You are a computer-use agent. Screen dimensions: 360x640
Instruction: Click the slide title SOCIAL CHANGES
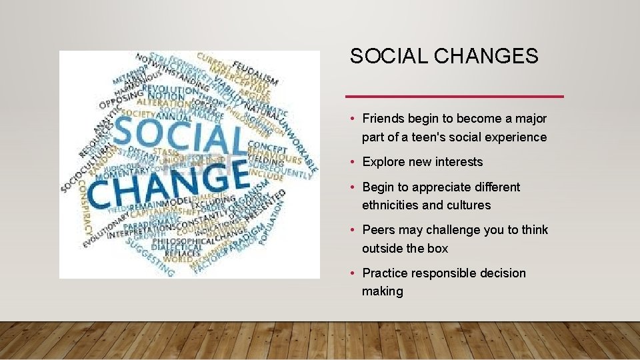pos(444,57)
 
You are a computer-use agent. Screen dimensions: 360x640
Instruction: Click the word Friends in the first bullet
pos(383,119)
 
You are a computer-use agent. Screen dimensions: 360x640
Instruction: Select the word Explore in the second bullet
pos(383,162)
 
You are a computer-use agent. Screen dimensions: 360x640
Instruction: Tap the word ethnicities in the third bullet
pos(391,205)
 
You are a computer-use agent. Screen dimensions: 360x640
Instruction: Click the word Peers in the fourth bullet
pos(378,230)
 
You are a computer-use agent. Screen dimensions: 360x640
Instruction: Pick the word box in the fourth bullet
pos(438,249)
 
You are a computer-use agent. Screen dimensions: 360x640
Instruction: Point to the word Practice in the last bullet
pos(385,273)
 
